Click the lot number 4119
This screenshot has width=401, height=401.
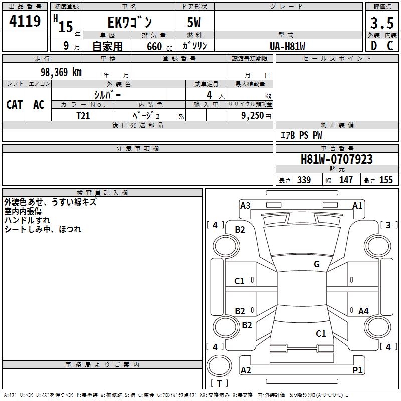(x=25, y=22)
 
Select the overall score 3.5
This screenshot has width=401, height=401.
(x=381, y=23)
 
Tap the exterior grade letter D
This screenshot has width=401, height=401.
(x=373, y=45)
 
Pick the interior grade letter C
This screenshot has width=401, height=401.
(x=390, y=45)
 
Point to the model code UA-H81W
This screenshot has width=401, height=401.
(x=288, y=46)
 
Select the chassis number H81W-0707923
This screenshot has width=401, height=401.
(x=336, y=159)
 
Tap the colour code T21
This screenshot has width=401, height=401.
(x=83, y=115)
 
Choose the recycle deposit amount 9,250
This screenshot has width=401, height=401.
(x=253, y=115)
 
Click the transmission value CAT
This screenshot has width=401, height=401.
(x=14, y=104)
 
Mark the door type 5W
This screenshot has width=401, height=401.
(x=195, y=23)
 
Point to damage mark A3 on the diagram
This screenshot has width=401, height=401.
(x=245, y=205)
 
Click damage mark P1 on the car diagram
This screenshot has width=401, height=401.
(x=357, y=370)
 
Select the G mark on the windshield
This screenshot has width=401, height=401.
(x=317, y=264)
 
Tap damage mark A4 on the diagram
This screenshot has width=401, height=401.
(x=363, y=311)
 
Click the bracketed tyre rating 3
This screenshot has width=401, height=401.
(x=388, y=225)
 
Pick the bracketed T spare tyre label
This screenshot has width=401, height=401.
(x=219, y=383)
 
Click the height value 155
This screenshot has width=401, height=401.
(x=386, y=180)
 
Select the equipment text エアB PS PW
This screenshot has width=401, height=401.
(x=301, y=135)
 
